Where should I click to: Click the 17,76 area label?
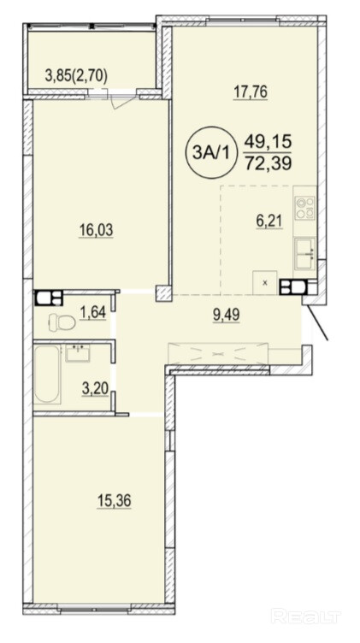point(251,91)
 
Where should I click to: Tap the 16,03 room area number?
point(96,231)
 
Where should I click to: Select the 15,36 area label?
point(114,501)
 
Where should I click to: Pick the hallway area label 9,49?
point(227,315)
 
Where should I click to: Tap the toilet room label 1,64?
point(93,312)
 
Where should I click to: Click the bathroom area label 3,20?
point(95,389)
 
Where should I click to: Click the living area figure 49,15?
point(269,143)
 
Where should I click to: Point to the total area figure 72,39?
point(269,163)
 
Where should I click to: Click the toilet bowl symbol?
point(62,322)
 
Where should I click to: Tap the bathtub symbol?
point(48,375)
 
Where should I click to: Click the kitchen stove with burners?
point(304,208)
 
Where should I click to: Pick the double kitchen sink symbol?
point(305,252)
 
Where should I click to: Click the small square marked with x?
point(265,282)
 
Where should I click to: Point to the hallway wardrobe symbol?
point(218,353)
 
